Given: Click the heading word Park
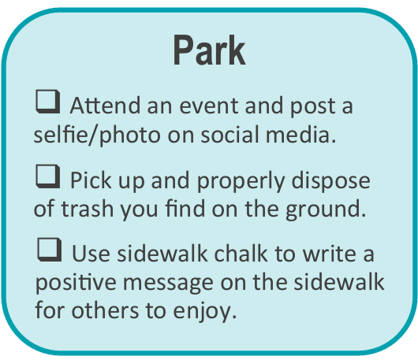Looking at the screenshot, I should [x=209, y=51].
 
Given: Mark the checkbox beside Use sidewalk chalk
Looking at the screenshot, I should [x=49, y=252].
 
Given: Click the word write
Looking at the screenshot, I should [x=329, y=254].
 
